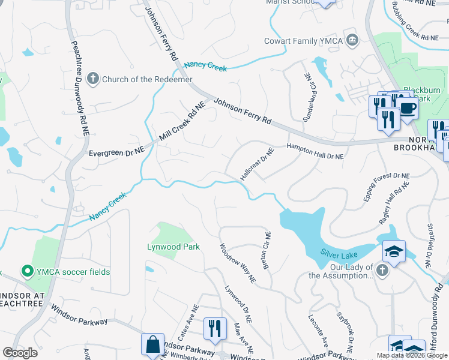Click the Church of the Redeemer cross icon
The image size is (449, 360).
(92, 79)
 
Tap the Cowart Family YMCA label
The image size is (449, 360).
(304, 41)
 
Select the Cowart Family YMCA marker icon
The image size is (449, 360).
(353, 41)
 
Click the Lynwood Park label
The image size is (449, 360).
(173, 247)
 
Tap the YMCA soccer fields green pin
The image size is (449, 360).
(26, 272)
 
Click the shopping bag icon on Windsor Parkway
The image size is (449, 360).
(152, 345)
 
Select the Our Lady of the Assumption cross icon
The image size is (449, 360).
(382, 271)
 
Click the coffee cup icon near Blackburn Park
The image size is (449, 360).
(407, 109)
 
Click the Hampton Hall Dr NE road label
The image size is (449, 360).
(315, 151)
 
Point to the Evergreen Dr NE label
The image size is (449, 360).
(116, 153)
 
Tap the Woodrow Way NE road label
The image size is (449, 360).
(238, 263)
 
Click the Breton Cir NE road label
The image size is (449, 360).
(266, 251)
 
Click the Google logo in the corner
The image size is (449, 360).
(20, 352)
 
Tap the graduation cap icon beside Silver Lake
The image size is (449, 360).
(394, 251)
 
